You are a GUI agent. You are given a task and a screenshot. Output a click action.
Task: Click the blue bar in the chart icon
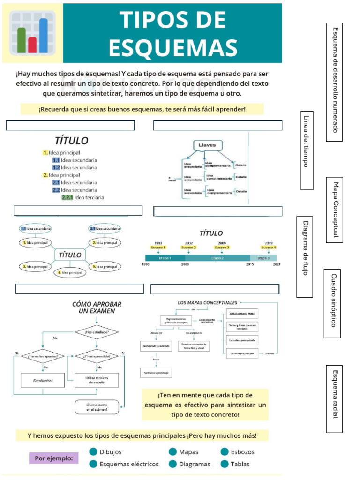click(43, 36)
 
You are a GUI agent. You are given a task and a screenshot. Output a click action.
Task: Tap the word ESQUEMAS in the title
click(173, 47)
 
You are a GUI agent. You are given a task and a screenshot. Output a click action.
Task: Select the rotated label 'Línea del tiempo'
click(307, 150)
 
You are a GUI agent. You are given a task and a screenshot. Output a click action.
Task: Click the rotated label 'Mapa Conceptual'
click(335, 210)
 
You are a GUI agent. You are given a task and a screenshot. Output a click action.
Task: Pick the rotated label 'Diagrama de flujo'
click(305, 256)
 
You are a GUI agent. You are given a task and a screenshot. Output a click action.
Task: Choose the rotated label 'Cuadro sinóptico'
click(332, 303)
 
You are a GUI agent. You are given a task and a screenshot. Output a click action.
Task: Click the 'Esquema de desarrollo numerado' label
click(335, 82)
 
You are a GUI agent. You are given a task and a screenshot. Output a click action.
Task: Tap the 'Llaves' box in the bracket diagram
click(207, 146)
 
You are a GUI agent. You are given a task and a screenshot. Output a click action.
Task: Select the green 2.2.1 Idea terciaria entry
click(83, 197)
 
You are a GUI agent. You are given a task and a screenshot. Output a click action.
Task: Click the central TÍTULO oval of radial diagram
click(69, 255)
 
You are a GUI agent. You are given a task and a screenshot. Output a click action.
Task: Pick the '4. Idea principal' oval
click(70, 272)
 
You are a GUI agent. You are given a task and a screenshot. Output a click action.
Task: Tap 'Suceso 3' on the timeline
click(222, 247)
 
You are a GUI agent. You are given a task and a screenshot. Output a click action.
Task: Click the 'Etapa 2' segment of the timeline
click(217, 258)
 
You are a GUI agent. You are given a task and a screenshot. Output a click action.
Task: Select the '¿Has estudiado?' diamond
click(97, 333)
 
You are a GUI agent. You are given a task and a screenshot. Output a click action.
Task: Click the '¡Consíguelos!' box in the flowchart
click(43, 380)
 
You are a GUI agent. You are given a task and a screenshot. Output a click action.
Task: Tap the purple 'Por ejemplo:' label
click(53, 457)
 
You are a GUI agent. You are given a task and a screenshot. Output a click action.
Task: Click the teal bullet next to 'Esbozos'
click(224, 452)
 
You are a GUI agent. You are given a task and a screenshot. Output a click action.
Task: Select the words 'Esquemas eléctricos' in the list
click(129, 464)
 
